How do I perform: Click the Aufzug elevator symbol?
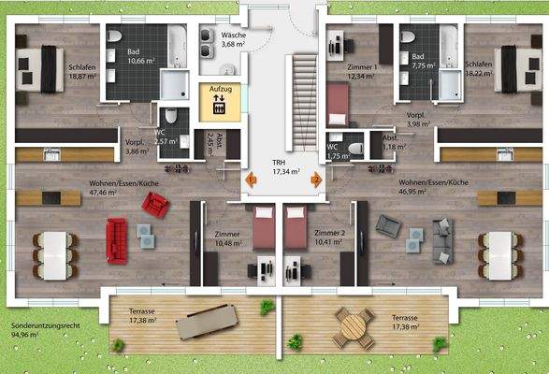(x=220, y=104)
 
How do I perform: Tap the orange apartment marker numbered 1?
(x=251, y=180)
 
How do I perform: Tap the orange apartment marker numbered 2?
(x=316, y=180)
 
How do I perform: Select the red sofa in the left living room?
(x=117, y=239)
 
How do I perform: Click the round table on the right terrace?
(x=353, y=326)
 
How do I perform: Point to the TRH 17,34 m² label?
(x=284, y=166)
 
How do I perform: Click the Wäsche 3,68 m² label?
(x=234, y=39)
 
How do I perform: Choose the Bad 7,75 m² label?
(x=425, y=61)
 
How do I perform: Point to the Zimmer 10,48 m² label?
(x=226, y=237)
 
